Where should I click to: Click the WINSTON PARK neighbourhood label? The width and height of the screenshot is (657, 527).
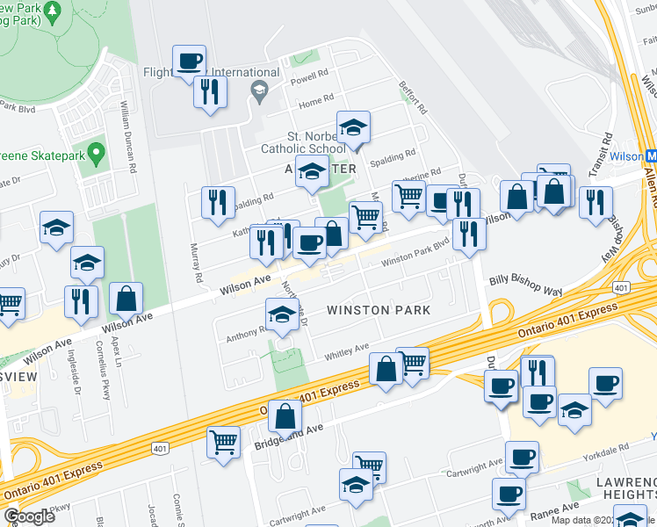[379, 310]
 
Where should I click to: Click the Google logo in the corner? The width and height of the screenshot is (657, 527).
[29, 516]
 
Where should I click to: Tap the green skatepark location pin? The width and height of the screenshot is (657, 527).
[97, 153]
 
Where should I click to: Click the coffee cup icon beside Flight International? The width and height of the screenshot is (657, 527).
[189, 61]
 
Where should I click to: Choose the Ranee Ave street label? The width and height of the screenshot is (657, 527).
[556, 508]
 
